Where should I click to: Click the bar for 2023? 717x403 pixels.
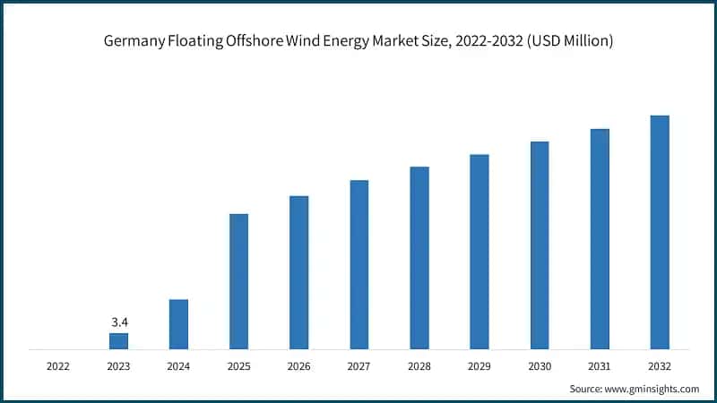pos(119,340)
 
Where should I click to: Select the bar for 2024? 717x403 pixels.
pos(179,323)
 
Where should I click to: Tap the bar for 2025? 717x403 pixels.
pos(239,280)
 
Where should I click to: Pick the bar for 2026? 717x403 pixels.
pos(299,271)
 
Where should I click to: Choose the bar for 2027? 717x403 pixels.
pos(359,264)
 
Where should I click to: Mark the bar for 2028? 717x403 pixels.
pos(419,257)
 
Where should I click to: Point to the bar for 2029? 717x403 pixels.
pos(479,251)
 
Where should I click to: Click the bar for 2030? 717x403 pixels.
pos(540,244)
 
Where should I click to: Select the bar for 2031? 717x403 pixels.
pos(600,238)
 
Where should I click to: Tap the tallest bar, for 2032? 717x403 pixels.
pos(660,232)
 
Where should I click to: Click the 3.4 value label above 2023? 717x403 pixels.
pos(119,321)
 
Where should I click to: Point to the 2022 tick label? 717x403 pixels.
pos(59,365)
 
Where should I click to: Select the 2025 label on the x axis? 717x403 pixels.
pos(239,365)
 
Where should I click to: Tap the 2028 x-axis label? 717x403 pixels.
pos(419,365)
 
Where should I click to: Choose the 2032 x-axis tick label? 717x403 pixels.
pos(660,365)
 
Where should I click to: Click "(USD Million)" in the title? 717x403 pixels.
pos(570,43)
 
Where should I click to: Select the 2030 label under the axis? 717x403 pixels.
pos(540,365)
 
